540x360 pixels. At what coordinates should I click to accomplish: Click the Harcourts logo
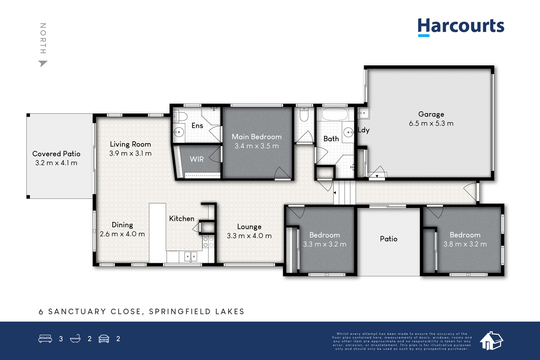pyautogui.click(x=461, y=27)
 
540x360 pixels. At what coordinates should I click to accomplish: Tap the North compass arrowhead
pyautogui.click(x=43, y=64)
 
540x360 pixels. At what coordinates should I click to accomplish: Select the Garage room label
pyautogui.click(x=431, y=114)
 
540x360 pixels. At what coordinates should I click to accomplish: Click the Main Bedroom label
pyautogui.click(x=257, y=137)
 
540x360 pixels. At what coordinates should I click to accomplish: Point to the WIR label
pyautogui.click(x=197, y=159)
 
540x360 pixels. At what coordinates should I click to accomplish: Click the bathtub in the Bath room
pyautogui.click(x=335, y=114)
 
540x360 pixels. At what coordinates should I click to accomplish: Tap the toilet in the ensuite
pyautogui.click(x=180, y=116)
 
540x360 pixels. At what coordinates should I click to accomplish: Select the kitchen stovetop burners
pyautogui.click(x=208, y=242)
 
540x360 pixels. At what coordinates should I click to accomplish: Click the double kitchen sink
pyautogui.click(x=191, y=256)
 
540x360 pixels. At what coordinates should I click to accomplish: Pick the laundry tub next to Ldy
pyautogui.click(x=363, y=113)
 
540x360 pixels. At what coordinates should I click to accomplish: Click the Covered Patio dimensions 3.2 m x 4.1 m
pyautogui.click(x=56, y=163)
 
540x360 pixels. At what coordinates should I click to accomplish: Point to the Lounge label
pyautogui.click(x=249, y=227)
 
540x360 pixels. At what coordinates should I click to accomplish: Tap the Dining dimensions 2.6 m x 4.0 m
pyautogui.click(x=122, y=234)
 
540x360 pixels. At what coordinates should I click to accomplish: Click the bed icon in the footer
pyautogui.click(x=45, y=338)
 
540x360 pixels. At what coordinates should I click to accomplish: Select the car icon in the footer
pyautogui.click(x=104, y=339)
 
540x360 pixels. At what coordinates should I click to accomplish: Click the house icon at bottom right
pyautogui.click(x=491, y=341)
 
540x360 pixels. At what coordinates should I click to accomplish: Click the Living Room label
pyautogui.click(x=130, y=144)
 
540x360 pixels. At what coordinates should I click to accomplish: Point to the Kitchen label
pyautogui.click(x=182, y=219)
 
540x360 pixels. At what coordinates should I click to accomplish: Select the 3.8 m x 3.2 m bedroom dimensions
pyautogui.click(x=465, y=244)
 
